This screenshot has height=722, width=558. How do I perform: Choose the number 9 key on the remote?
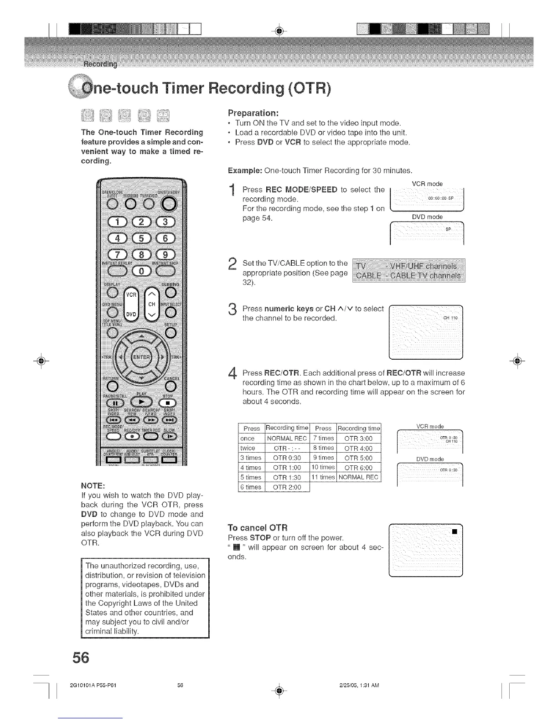[166, 254]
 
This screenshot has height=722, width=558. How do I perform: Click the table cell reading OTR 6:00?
[358, 468]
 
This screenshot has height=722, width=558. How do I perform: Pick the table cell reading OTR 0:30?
[287, 458]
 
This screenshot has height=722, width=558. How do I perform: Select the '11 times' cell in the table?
[323, 477]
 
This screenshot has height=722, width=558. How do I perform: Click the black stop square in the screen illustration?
[454, 531]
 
